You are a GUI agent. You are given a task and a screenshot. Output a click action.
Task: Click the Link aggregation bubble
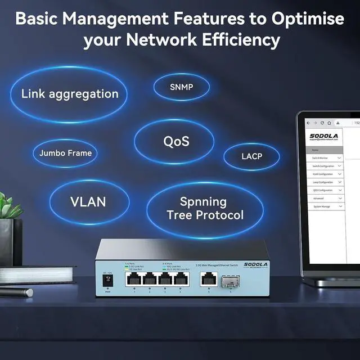[x=70, y=94]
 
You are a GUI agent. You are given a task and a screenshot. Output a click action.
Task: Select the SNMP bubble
[x=181, y=87]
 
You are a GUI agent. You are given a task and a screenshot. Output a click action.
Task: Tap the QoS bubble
[x=176, y=141]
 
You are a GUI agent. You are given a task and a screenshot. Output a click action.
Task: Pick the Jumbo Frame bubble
[x=65, y=152]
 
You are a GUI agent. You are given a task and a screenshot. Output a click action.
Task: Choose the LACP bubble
[x=251, y=156]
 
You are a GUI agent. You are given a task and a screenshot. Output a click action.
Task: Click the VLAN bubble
[x=88, y=201]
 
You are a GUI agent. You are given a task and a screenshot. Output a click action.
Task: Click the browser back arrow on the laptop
[x=308, y=123]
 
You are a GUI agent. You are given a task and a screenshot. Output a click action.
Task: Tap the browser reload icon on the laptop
[x=323, y=123]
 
